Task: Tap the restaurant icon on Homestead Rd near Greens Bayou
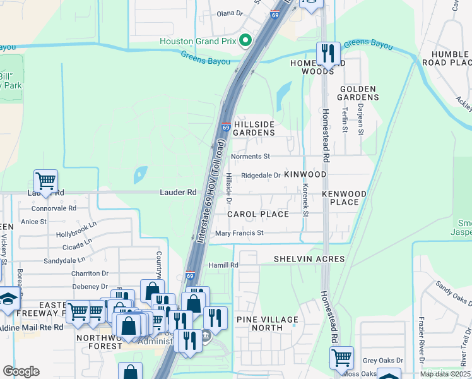click(327, 53)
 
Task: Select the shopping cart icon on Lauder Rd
click(45, 181)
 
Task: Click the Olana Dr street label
click(230, 13)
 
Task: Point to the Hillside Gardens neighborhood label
click(254, 128)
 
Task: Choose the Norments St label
click(251, 156)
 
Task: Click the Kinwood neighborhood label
click(305, 174)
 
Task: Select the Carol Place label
click(258, 214)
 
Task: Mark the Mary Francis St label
click(239, 233)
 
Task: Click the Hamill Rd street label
click(224, 265)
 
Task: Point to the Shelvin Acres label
click(309, 259)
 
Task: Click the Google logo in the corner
click(21, 371)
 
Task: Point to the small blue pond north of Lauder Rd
click(140, 172)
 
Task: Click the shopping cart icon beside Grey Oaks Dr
click(341, 358)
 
